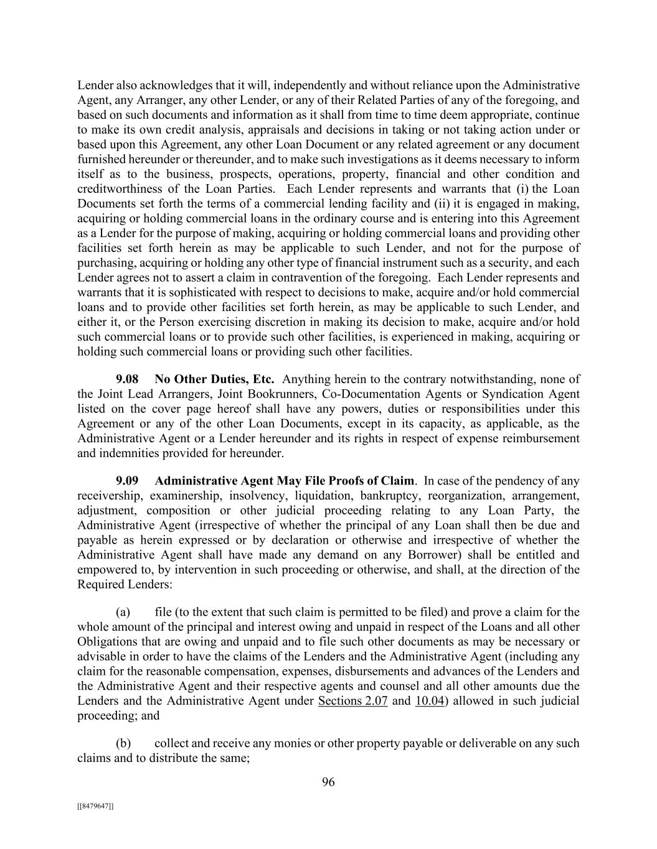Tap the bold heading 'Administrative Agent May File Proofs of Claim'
[x=284, y=481]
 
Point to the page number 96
[x=328, y=782]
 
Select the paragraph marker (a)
[x=123, y=612]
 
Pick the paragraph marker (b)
[x=123, y=743]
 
